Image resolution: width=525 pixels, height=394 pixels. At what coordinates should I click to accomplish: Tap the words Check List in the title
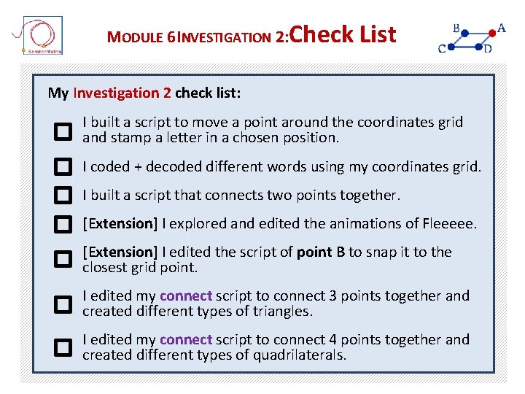click(343, 34)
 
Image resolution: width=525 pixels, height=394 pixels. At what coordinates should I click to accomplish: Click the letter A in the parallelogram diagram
click(501, 28)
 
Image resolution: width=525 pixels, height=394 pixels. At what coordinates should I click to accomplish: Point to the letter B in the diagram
click(456, 28)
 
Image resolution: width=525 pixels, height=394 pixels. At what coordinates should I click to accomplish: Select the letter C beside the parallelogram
click(442, 49)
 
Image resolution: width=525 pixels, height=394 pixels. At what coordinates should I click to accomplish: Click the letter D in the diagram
click(487, 49)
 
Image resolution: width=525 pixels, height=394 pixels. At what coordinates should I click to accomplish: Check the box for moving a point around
click(63, 131)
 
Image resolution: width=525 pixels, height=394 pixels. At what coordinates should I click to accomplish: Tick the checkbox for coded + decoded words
click(63, 167)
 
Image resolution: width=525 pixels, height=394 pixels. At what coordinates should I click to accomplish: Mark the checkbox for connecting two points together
click(63, 196)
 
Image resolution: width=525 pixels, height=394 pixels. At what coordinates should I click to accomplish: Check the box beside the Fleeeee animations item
click(63, 223)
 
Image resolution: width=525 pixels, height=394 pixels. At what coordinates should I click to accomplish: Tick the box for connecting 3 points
click(63, 304)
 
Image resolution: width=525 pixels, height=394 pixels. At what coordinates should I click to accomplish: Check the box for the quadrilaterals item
click(63, 347)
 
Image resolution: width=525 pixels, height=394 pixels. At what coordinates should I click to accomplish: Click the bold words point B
click(321, 252)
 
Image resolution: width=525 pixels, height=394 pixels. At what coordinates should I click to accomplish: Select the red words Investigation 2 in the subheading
click(122, 93)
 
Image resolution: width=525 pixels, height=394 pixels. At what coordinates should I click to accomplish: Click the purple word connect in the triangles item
click(186, 296)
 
